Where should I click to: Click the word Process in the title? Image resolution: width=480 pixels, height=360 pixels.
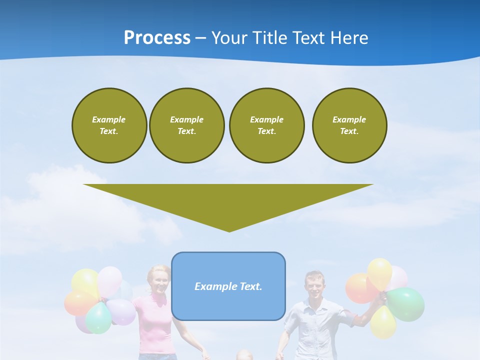(157, 38)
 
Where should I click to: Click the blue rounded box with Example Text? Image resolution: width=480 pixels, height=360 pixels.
(228, 286)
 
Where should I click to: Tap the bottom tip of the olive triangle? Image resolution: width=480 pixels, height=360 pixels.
(229, 230)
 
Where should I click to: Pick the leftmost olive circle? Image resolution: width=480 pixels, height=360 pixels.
(109, 125)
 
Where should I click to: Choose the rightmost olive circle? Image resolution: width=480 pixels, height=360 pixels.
(349, 125)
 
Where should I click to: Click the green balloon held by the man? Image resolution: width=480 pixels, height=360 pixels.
(406, 303)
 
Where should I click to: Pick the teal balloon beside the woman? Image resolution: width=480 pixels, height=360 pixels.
(98, 318)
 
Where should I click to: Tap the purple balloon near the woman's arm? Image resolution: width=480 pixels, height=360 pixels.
(121, 311)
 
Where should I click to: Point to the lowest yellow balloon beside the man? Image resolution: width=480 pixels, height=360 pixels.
(383, 321)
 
